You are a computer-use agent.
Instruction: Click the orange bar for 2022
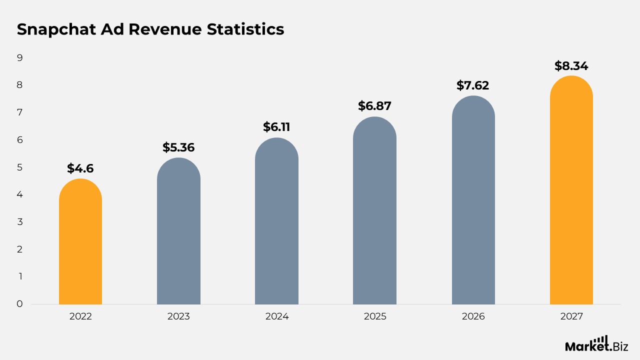click(x=80, y=242)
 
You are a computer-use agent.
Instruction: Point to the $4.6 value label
click(x=80, y=168)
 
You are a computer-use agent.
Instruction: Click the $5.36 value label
click(x=178, y=147)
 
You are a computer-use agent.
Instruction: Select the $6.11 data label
click(x=276, y=127)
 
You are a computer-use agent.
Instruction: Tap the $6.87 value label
click(x=374, y=106)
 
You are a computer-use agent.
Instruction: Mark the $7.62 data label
click(x=473, y=85)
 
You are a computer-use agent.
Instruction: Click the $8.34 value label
click(x=571, y=66)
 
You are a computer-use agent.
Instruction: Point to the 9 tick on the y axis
click(x=20, y=58)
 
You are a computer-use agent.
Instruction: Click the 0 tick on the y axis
click(x=20, y=303)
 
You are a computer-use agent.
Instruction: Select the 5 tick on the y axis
click(x=20, y=167)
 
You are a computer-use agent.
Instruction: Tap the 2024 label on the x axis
click(x=276, y=316)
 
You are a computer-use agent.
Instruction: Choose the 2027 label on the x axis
click(x=571, y=316)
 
